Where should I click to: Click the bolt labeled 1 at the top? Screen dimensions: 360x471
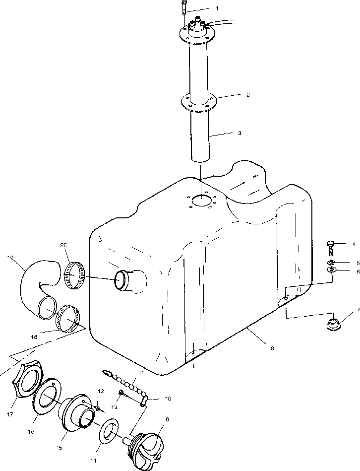tap(184, 8)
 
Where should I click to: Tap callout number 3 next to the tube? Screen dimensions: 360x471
tap(240, 133)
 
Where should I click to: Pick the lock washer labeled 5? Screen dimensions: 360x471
tap(331, 262)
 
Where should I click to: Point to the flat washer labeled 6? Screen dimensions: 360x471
tap(331, 270)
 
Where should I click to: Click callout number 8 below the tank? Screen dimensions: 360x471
tap(272, 348)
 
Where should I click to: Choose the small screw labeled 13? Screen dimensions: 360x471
tap(121, 394)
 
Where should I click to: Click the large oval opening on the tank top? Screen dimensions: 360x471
tap(201, 201)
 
